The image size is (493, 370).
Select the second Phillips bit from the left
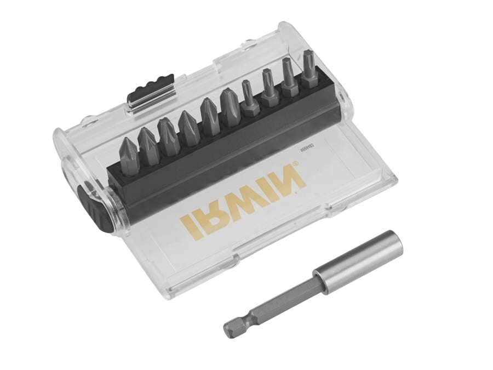click(148, 142)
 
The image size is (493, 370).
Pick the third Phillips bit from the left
click(168, 134)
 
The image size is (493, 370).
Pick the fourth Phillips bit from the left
click(188, 124)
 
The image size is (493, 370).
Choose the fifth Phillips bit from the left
click(209, 115)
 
